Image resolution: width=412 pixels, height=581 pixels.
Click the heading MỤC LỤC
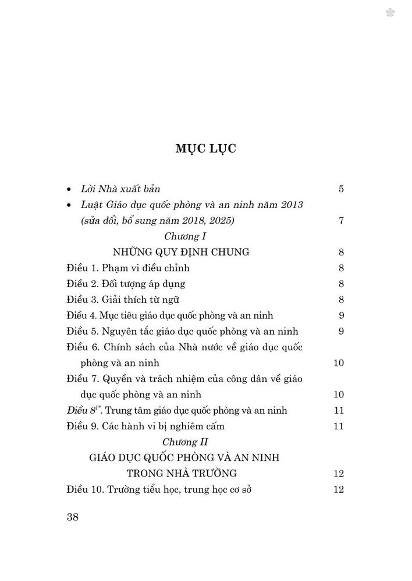pyautogui.click(x=205, y=148)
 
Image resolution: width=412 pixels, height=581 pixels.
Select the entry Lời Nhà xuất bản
pyautogui.click(x=120, y=189)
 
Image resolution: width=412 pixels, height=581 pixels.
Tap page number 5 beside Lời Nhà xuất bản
pyautogui.click(x=342, y=189)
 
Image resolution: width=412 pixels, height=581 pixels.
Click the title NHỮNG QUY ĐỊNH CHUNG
pyautogui.click(x=182, y=252)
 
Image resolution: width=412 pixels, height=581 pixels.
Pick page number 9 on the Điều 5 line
pyautogui.click(x=342, y=331)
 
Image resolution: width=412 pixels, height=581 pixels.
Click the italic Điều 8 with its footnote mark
pyautogui.click(x=81, y=410)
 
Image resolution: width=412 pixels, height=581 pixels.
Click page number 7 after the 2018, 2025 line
pyautogui.click(x=342, y=221)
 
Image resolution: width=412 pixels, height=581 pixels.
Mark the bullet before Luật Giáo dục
pyautogui.click(x=70, y=206)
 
